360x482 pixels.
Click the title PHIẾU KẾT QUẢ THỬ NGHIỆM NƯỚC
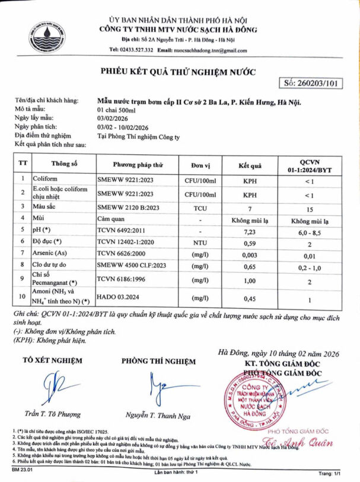(x=178, y=72)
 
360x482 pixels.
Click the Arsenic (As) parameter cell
(x=60, y=255)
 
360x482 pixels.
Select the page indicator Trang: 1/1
(x=331, y=473)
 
